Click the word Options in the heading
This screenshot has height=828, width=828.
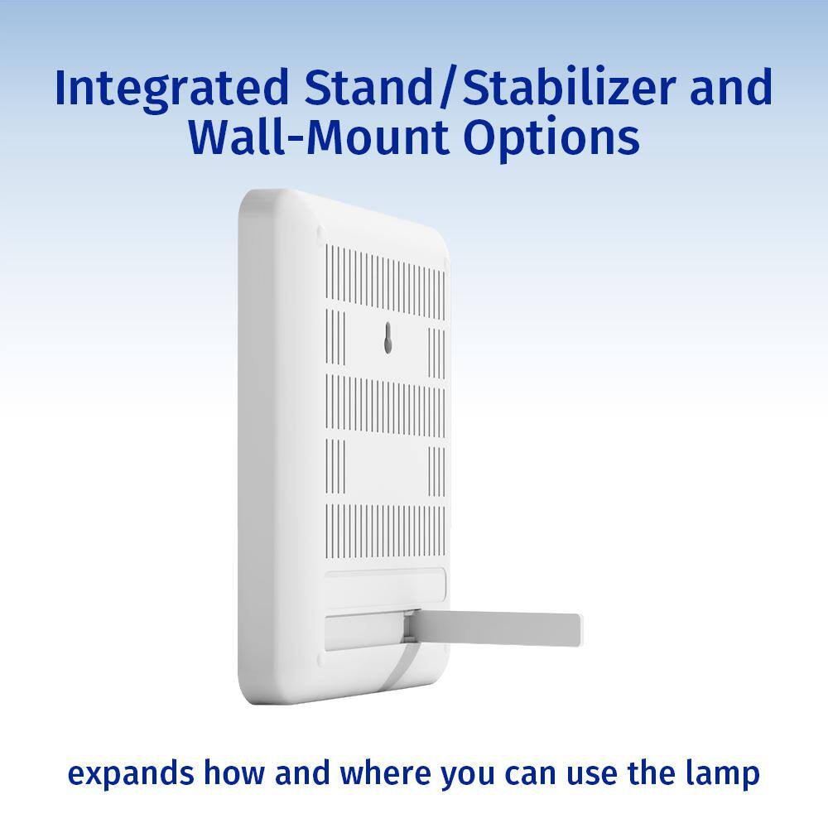point(551,138)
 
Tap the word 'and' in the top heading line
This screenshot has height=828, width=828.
point(731,87)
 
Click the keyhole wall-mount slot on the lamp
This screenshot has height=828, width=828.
point(388,338)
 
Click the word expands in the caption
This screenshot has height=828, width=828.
point(131,775)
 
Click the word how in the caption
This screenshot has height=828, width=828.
point(234,773)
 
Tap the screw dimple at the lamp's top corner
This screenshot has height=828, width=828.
point(320,231)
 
